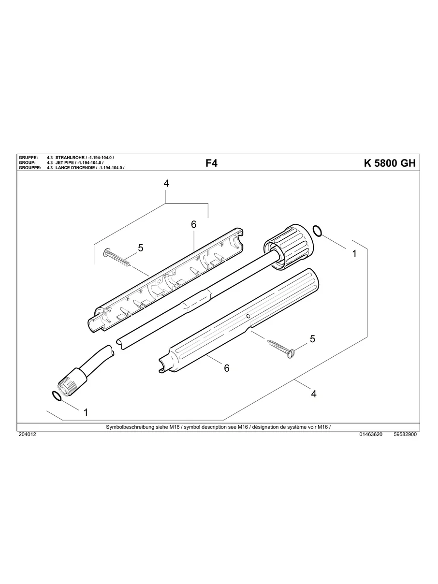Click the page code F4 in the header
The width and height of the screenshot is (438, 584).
point(211,163)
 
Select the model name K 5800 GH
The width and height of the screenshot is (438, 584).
point(389,163)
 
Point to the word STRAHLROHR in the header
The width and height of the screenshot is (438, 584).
point(71,158)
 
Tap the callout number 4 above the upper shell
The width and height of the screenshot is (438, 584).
point(166,184)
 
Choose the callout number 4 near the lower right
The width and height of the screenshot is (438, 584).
point(314,394)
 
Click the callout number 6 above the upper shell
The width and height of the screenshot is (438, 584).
point(193,224)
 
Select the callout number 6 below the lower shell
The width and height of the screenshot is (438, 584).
point(226,368)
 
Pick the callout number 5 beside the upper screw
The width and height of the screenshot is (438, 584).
point(141,248)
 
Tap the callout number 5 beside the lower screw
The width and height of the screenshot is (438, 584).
point(313,339)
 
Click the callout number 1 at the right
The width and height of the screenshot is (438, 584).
point(354,253)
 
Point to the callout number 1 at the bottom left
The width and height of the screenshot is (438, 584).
point(86,412)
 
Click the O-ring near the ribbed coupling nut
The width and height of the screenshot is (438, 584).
point(317,231)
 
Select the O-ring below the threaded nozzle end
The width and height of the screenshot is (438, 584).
point(57,397)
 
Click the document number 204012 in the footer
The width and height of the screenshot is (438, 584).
point(27,434)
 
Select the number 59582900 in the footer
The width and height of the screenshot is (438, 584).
point(405,434)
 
